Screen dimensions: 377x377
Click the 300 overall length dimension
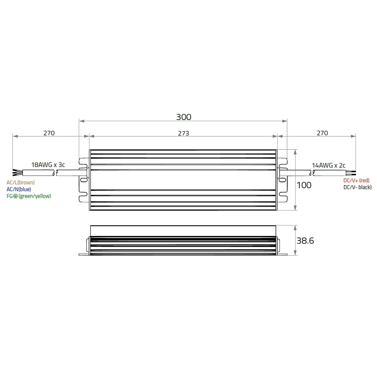pyautogui.click(x=184, y=117)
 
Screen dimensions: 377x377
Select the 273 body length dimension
pyautogui.click(x=184, y=133)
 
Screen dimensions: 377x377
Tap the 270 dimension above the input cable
pyautogui.click(x=49, y=133)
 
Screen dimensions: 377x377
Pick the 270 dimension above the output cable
pyautogui.click(x=322, y=133)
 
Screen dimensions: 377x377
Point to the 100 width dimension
pyautogui.click(x=304, y=185)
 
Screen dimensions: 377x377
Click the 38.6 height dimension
pyautogui.click(x=305, y=241)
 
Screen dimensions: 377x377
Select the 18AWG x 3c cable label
pyautogui.click(x=48, y=165)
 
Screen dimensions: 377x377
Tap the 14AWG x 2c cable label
pyautogui.click(x=329, y=166)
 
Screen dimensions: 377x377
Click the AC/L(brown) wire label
pyautogui.click(x=21, y=182)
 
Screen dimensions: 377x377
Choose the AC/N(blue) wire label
pyautogui.click(x=19, y=189)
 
